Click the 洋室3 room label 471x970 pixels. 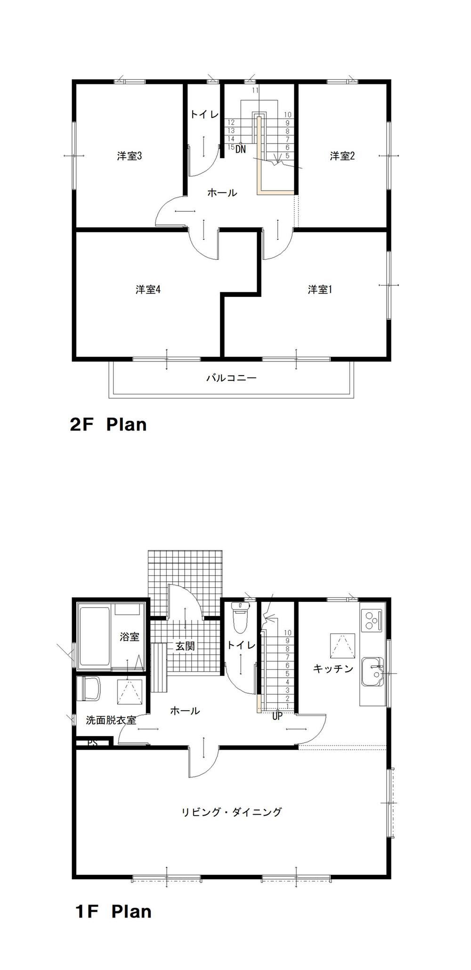click(x=130, y=156)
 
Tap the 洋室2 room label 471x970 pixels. click(x=342, y=156)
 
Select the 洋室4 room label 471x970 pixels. click(x=148, y=289)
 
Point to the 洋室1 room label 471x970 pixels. click(x=320, y=289)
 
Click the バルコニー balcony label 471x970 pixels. click(x=231, y=377)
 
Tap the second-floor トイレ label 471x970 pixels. click(x=204, y=114)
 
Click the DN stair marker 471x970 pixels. click(x=241, y=150)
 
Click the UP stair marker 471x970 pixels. click(x=277, y=716)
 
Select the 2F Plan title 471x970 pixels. click(x=108, y=425)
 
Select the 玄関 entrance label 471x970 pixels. click(x=185, y=646)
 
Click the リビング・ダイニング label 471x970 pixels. click(x=232, y=812)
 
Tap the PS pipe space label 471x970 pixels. click(x=93, y=744)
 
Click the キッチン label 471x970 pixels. click(x=333, y=668)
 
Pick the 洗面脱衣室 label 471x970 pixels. click(x=111, y=720)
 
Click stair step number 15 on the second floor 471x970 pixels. click(x=231, y=147)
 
